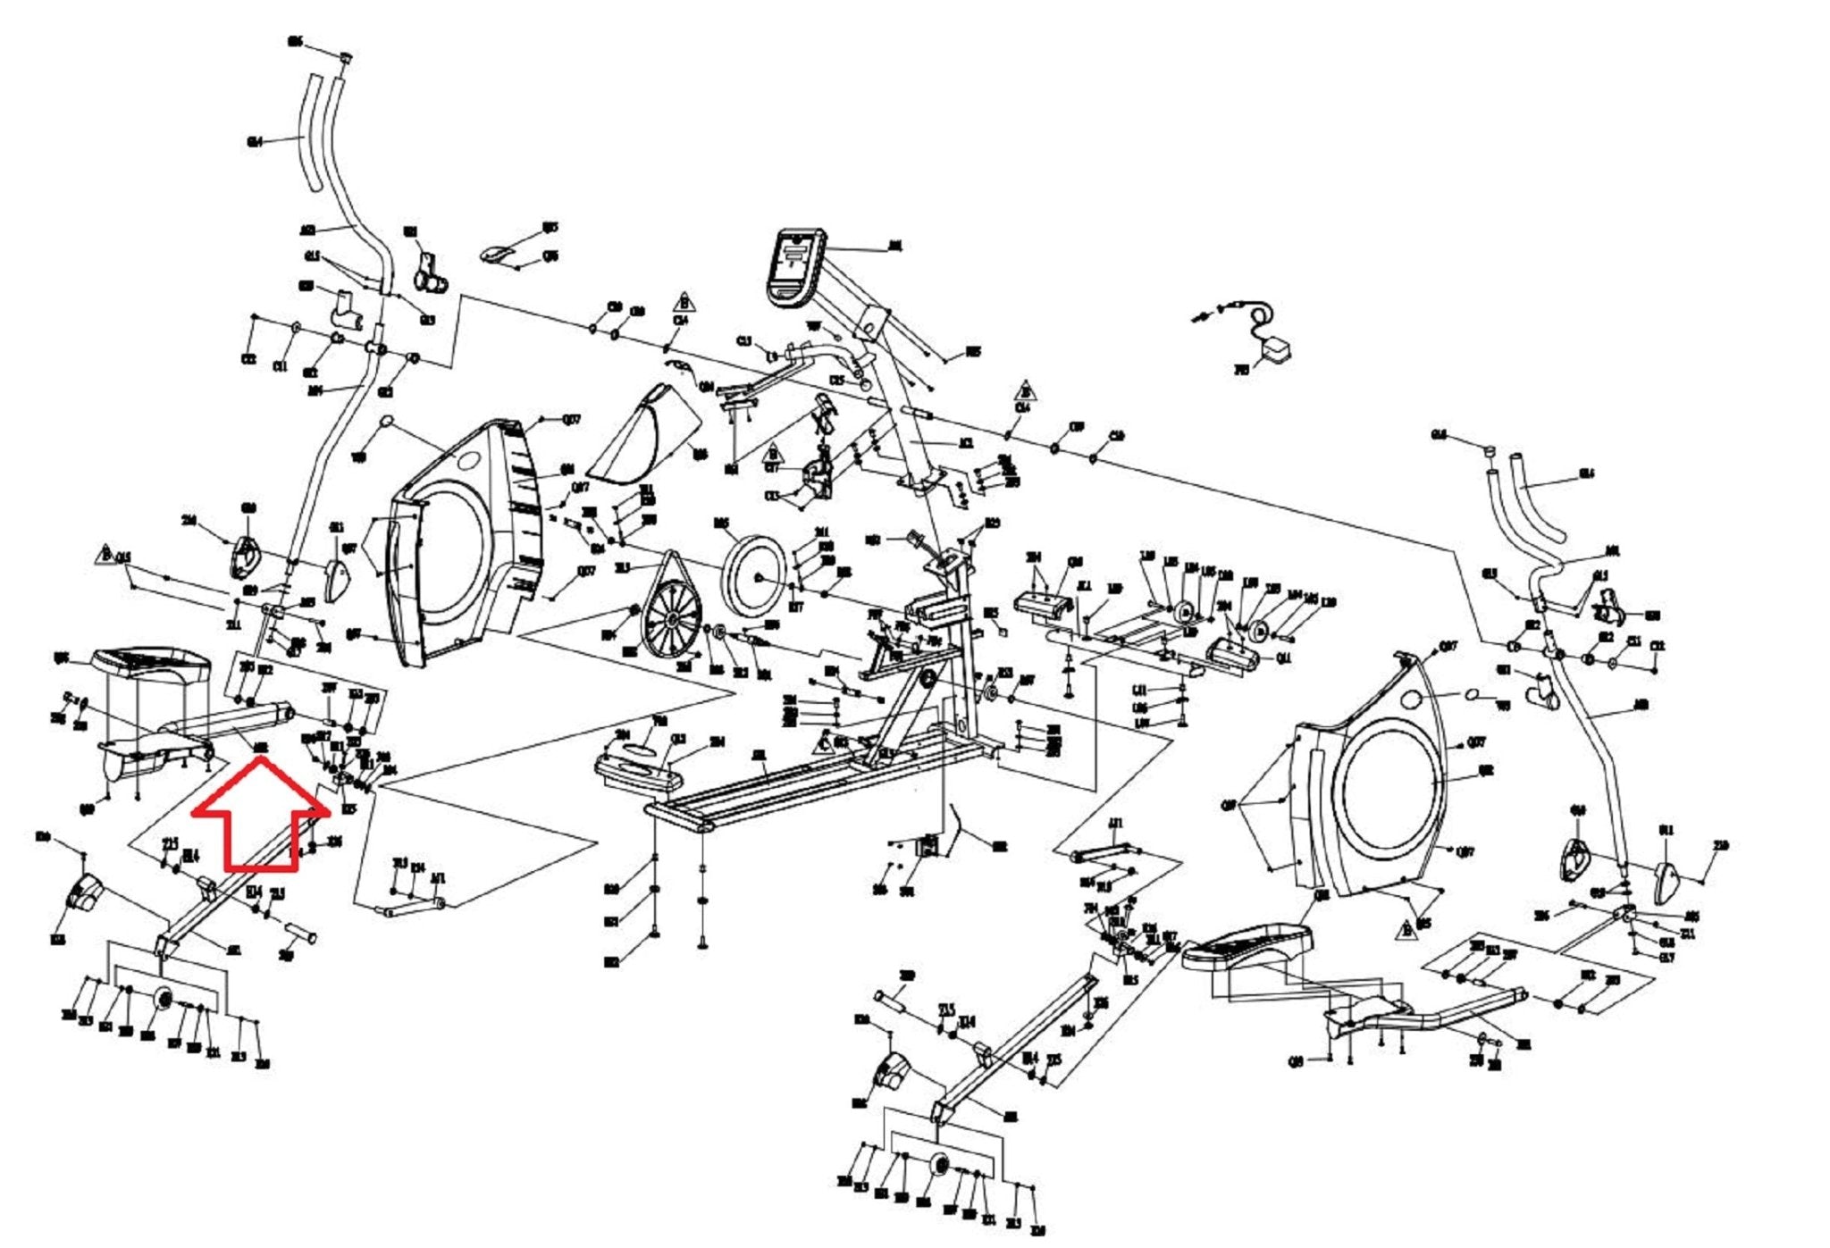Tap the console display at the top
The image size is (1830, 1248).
794,265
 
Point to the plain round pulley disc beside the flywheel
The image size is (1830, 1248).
753,576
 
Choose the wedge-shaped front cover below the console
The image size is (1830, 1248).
645,439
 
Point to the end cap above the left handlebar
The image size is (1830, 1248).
345,58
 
